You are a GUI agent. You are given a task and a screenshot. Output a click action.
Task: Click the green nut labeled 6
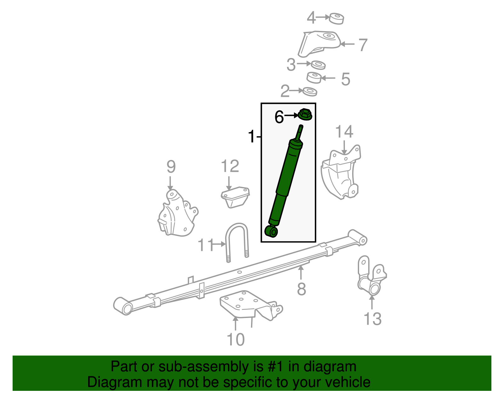coord(305,114)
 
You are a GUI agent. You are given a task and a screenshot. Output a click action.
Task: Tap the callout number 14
coord(344,132)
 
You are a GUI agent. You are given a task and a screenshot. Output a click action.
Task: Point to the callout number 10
coord(236,339)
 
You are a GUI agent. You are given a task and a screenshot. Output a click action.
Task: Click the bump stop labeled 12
coord(235,197)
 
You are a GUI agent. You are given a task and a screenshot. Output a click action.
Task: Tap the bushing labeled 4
coord(336,19)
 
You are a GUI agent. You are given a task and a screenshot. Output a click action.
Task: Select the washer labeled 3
coord(318,65)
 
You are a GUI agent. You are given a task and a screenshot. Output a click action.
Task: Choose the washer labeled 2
coord(310,92)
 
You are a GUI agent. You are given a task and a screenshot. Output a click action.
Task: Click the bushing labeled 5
coord(314,78)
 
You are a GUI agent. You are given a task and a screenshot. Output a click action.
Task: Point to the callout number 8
coord(301,289)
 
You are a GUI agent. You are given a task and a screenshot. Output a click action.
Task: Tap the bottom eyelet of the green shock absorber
coord(271,231)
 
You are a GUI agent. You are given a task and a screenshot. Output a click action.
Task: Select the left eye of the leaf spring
coord(123,306)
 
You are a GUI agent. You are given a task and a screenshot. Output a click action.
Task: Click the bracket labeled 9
coord(177,213)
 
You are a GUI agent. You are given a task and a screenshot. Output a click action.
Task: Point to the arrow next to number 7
coord(347,44)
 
